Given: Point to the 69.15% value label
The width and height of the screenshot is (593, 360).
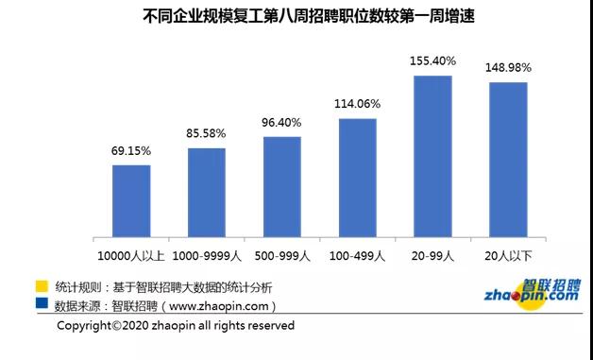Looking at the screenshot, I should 131,150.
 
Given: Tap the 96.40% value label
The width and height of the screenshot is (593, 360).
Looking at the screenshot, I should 281,122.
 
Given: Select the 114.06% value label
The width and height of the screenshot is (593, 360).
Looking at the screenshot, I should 357,104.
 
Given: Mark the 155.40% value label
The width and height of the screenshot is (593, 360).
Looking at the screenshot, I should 432,60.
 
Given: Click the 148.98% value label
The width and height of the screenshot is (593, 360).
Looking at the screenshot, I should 508,67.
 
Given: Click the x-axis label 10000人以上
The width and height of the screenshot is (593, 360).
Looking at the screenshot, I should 131,256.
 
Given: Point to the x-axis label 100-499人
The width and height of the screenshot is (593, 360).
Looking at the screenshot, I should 357,256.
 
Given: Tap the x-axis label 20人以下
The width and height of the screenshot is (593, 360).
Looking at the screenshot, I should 508,256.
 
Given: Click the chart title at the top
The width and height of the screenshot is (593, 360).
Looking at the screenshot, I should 296,16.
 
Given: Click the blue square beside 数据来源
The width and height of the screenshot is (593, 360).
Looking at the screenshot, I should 41,304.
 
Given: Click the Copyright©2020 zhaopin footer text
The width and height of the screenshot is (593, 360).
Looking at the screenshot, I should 175,326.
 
